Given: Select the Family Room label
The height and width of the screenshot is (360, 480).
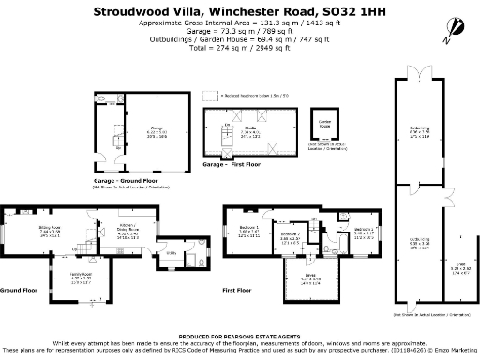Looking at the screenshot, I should coord(82,275).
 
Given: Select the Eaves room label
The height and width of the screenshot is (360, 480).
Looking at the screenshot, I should coord(309,276).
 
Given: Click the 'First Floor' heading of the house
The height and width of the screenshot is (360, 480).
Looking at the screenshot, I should coord(242,291).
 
